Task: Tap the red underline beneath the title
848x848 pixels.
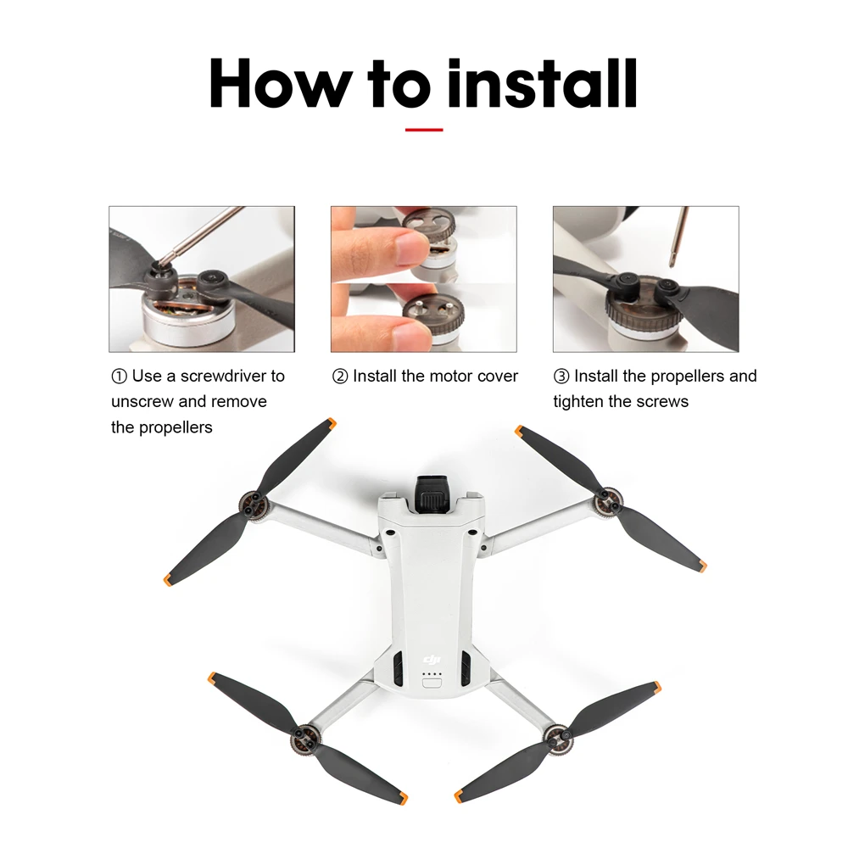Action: click(x=424, y=130)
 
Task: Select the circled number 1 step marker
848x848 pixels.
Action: click(x=119, y=376)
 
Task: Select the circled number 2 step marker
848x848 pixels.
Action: click(x=340, y=376)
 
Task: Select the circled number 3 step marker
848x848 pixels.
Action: click(x=561, y=376)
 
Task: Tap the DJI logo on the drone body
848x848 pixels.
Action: click(x=432, y=660)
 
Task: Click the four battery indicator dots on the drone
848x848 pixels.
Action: click(x=432, y=676)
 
